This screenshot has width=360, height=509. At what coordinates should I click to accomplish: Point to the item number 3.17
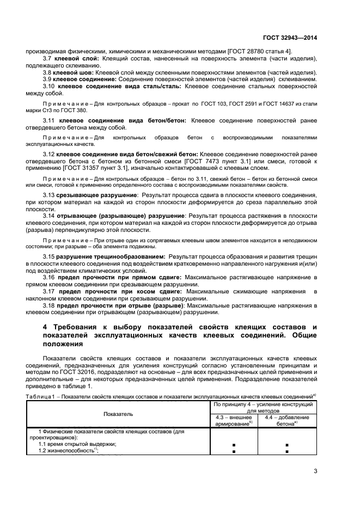(x=49, y=292)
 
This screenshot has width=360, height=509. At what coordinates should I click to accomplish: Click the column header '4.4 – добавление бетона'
(x=287, y=420)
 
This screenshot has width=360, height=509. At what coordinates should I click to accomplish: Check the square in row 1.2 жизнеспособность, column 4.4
(x=287, y=451)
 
